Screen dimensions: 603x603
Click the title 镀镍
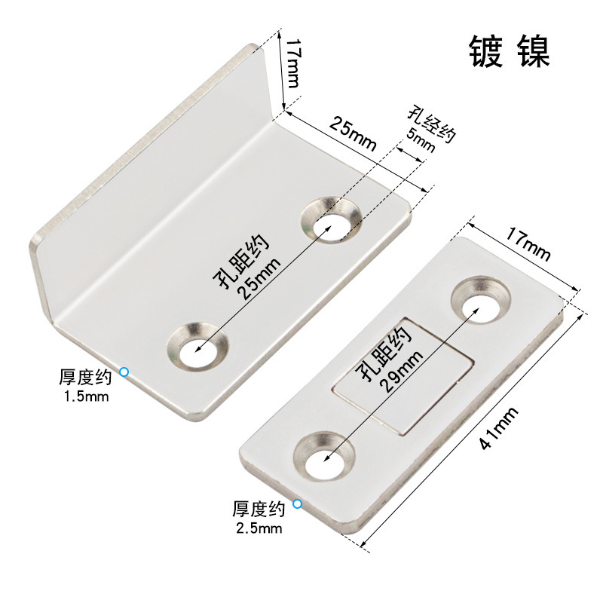(510, 52)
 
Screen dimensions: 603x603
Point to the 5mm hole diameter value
(421, 141)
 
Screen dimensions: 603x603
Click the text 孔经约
(430, 124)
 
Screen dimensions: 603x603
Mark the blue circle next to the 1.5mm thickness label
(124, 372)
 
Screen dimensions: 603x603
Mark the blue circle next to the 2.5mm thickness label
(298, 504)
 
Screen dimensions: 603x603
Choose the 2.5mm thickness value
(258, 528)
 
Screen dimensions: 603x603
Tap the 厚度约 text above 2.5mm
(258, 507)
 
